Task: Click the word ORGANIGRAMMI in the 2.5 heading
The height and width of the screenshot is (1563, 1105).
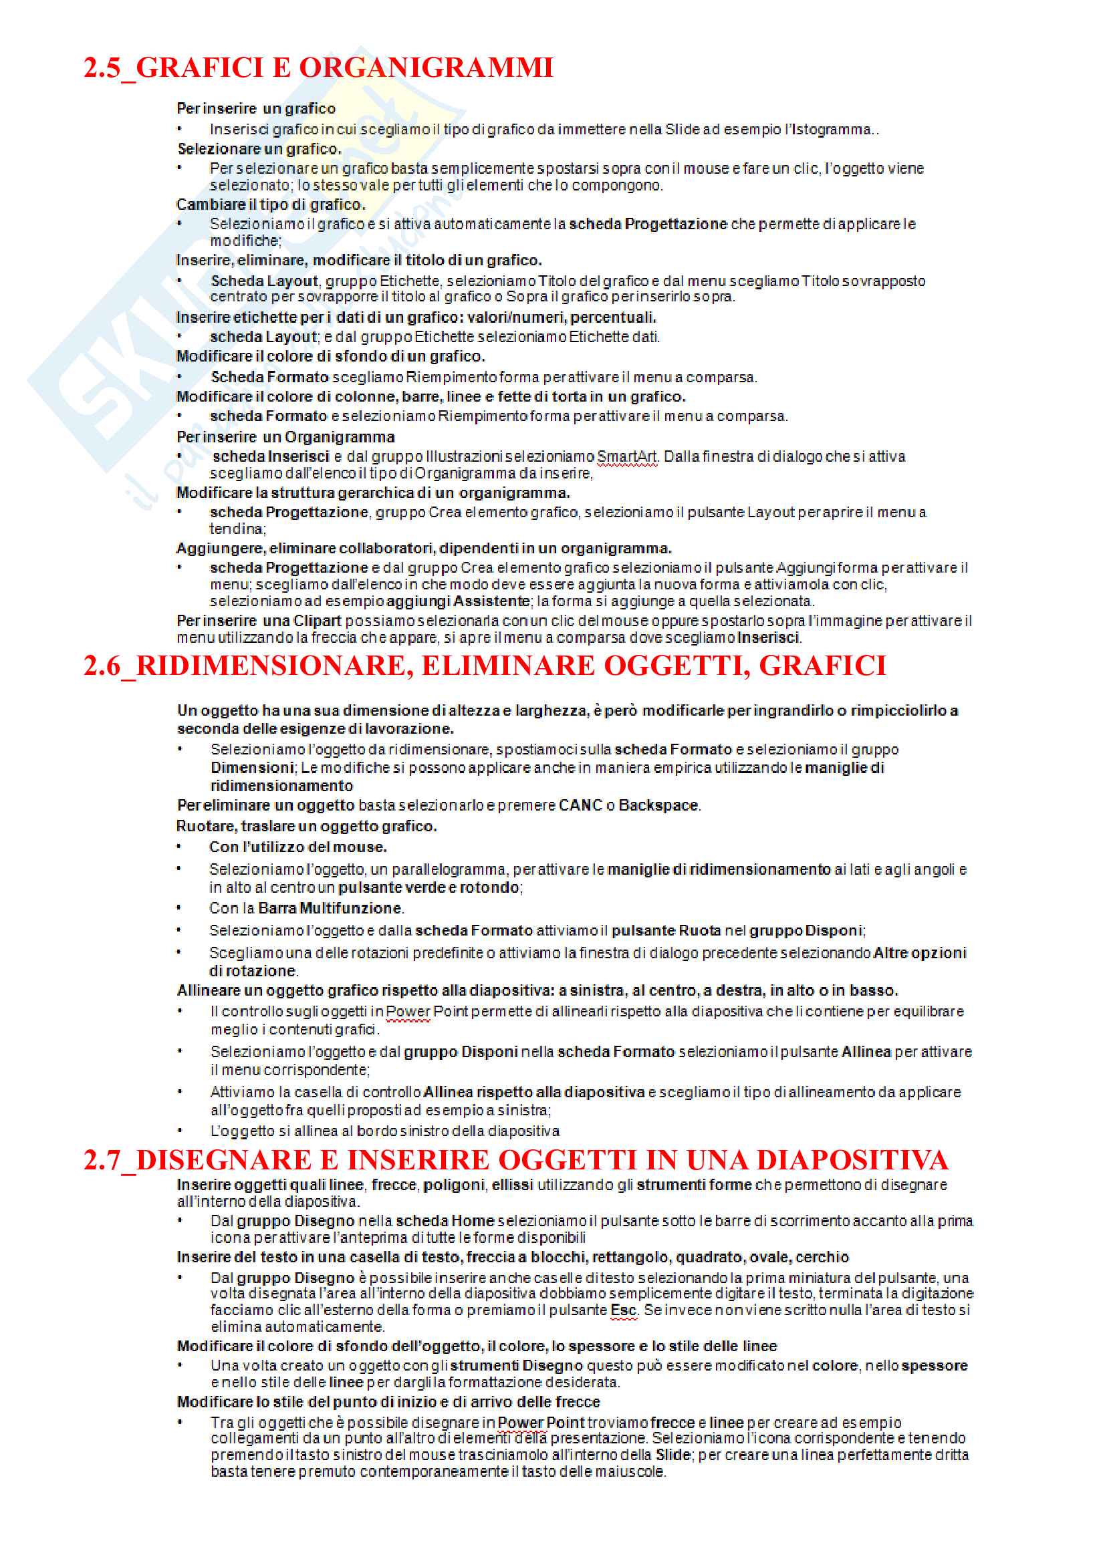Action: click(426, 68)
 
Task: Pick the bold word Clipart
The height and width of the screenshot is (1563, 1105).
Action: click(317, 621)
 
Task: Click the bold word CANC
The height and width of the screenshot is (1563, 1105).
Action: click(580, 805)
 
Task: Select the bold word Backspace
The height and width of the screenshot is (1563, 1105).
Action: click(658, 805)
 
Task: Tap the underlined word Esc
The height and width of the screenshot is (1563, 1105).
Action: click(623, 1310)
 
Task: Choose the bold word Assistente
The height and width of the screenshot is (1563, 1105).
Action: click(491, 601)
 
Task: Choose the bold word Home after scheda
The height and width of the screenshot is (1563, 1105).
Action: click(473, 1222)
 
